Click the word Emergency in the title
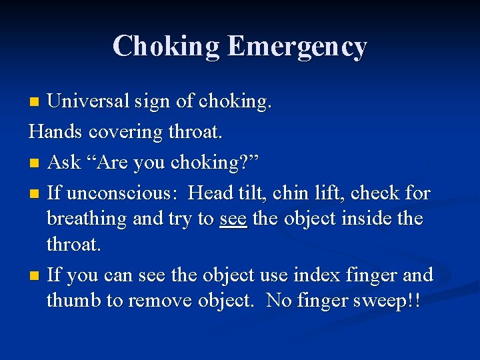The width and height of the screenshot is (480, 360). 297,47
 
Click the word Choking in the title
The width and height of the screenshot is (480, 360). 166,47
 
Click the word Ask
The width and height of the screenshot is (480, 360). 65,162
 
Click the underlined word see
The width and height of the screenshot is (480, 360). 233,219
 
